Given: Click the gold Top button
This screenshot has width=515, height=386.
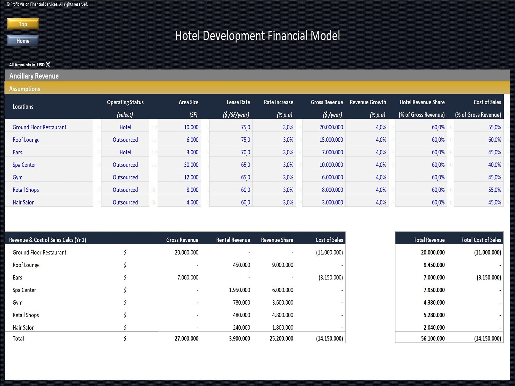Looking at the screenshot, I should coord(23,24).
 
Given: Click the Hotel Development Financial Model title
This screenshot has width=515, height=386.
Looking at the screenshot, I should coord(257,36).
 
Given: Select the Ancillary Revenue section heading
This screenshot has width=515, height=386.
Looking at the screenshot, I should coord(34,76).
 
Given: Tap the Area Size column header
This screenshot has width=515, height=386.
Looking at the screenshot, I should coord(188,102).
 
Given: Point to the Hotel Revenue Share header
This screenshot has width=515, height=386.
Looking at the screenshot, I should coord(422,102).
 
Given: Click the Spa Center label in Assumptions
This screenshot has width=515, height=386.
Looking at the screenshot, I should coord(24,165).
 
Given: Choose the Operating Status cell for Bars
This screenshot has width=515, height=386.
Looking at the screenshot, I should coord(125,152).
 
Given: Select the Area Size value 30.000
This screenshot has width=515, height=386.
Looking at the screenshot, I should coord(191,165).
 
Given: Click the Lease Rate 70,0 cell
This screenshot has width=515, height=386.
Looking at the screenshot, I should coord(245,152).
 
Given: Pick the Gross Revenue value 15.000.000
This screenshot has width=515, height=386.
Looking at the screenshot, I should coord(331,140).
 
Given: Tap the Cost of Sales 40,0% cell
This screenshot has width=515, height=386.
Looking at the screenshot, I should coord(494,165).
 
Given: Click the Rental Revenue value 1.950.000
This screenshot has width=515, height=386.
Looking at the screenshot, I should coord(239,290).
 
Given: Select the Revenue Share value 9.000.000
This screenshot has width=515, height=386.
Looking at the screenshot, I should coord(282,265).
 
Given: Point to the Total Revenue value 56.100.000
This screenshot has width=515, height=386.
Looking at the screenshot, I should coord(433,338).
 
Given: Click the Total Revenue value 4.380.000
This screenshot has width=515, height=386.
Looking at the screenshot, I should coord(434,303).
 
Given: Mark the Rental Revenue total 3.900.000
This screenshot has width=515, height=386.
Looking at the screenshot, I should coord(239,338).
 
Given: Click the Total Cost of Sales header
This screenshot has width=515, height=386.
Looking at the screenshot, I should coord(481,240).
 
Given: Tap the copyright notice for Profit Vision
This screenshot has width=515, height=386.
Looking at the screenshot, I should coord(47,4).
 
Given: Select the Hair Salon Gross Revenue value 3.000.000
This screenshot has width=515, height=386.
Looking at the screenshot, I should coord(332,202).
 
